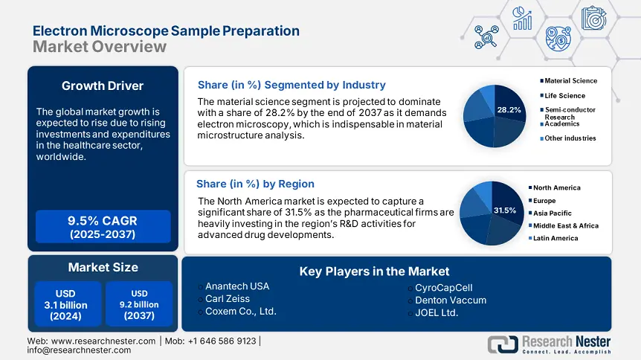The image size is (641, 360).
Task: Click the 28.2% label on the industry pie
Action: coord(509,110)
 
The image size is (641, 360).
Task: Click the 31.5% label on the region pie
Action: coord(505,210)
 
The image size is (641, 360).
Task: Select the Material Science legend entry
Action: coord(570,80)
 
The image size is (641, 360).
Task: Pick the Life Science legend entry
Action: coord(564,95)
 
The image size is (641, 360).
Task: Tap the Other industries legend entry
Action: coord(570,138)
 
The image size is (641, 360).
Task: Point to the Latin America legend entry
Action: coord(557,238)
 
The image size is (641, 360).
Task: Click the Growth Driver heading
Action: coord(103,86)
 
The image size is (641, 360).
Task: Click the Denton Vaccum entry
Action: coord(451,300)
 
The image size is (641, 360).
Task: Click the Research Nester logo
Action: coord(549,344)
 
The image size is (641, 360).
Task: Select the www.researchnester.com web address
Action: coord(92,341)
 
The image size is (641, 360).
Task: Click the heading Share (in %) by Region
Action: coord(255,184)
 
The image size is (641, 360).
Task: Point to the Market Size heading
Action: coord(103,267)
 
